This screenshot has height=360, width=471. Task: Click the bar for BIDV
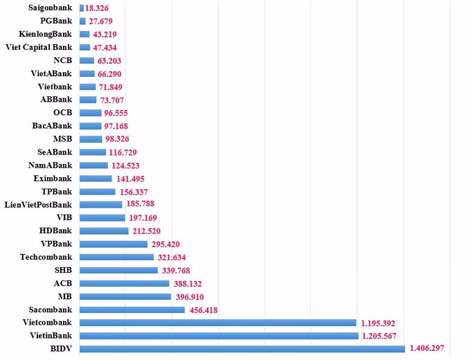(x=242, y=349)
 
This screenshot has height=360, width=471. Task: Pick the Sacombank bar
(x=132, y=309)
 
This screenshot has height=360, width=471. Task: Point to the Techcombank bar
(x=117, y=257)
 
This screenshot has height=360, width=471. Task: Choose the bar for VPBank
(x=114, y=244)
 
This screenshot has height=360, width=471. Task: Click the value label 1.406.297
(x=429, y=349)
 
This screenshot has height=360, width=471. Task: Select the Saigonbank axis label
(x=51, y=8)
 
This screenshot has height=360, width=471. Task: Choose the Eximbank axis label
(x=53, y=179)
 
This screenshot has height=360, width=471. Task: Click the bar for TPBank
(x=98, y=191)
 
